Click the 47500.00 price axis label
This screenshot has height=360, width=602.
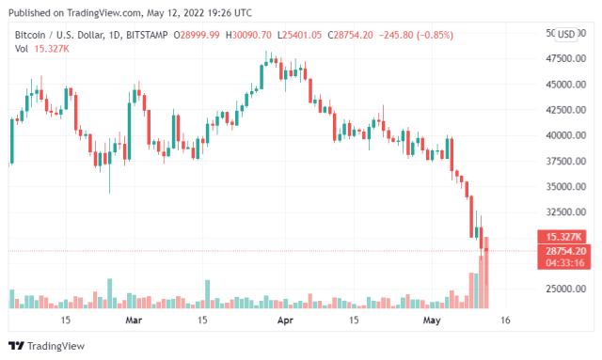(x=560, y=58)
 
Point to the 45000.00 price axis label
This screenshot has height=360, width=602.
(x=560, y=85)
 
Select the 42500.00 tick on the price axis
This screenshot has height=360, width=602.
(x=560, y=110)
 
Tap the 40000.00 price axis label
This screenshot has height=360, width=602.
(x=560, y=135)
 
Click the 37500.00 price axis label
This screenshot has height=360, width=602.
(x=560, y=161)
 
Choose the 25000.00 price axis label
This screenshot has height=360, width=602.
(x=560, y=289)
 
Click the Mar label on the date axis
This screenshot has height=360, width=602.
(x=134, y=321)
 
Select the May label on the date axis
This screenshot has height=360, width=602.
(x=432, y=321)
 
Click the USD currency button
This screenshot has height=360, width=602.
(x=566, y=35)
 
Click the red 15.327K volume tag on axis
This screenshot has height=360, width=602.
(x=562, y=236)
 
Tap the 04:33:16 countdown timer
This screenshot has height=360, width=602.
(x=562, y=263)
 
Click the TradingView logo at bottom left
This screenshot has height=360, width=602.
(x=44, y=345)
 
